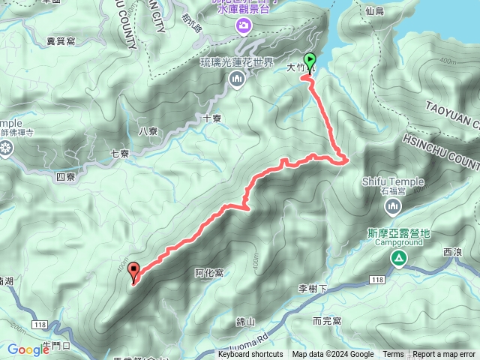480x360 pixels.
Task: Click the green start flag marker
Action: pos(309,61)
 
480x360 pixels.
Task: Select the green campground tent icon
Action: pos(399,259)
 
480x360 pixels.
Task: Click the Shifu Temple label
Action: pos(392,181)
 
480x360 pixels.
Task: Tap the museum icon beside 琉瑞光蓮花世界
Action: pos(237,78)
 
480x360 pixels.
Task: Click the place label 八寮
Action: pos(148,130)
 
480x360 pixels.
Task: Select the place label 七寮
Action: pos(120,154)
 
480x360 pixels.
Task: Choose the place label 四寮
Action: pos(65,178)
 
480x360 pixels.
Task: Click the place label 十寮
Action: pos(212,118)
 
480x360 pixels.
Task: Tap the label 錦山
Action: pos(245,322)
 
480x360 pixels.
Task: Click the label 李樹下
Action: pos(313,289)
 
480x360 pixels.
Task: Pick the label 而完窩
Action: pos(327,321)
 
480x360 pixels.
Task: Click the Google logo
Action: pos(28,349)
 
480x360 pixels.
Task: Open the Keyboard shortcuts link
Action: pos(250,355)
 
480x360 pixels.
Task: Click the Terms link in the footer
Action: pos(393,355)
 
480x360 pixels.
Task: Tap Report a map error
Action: pos(444,355)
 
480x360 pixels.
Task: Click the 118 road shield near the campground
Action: pos(376,280)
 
